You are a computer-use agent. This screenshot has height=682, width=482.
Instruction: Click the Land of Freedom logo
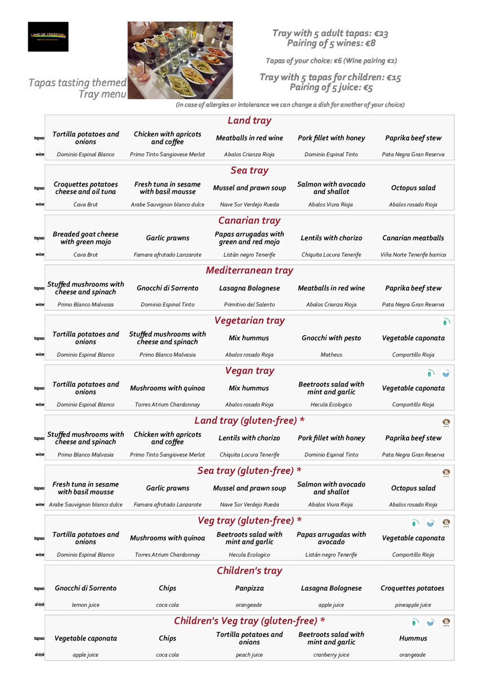tap(48, 37)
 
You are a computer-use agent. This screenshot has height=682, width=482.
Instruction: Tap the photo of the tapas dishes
tap(179, 60)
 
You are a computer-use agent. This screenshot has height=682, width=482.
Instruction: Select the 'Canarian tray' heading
tap(249, 221)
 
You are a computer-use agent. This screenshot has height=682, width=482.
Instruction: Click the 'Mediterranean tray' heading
tap(249, 270)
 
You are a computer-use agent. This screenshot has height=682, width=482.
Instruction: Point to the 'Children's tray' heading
tap(249, 570)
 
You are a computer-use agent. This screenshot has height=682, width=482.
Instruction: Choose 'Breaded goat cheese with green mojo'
tap(86, 238)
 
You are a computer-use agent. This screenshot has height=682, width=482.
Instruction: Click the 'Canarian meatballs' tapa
tap(413, 238)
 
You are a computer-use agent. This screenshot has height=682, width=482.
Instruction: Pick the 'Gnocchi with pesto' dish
tap(331, 338)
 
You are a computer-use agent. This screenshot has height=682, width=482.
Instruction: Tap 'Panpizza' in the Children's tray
tap(249, 588)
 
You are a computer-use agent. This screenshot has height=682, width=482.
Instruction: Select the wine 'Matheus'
tap(331, 355)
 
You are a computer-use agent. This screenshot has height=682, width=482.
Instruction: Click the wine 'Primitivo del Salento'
tap(249, 305)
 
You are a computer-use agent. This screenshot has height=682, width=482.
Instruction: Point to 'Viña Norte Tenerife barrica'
tap(413, 255)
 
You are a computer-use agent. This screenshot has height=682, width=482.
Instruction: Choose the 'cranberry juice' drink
tap(331, 655)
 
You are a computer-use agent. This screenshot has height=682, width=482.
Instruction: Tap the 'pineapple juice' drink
tap(413, 605)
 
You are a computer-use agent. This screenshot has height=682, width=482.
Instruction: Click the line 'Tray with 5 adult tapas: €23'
tap(330, 33)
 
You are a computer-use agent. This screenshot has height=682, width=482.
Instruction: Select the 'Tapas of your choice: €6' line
tap(331, 61)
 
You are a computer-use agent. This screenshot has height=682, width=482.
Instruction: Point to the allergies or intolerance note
tap(290, 105)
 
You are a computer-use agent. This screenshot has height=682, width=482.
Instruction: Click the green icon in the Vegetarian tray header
tap(446, 322)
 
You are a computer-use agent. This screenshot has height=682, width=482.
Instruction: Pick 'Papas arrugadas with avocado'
tap(331, 538)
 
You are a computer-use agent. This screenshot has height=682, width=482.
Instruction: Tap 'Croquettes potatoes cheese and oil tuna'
tap(86, 188)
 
